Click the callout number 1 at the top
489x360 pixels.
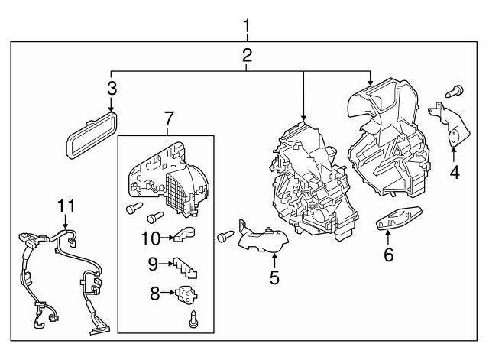246,28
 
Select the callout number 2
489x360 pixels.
246,55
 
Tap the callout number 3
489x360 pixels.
112,88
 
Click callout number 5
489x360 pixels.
274,275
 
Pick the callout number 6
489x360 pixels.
388,255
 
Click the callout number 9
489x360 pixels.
153,264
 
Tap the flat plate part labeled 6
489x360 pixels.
399,219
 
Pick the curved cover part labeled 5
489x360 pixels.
262,239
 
